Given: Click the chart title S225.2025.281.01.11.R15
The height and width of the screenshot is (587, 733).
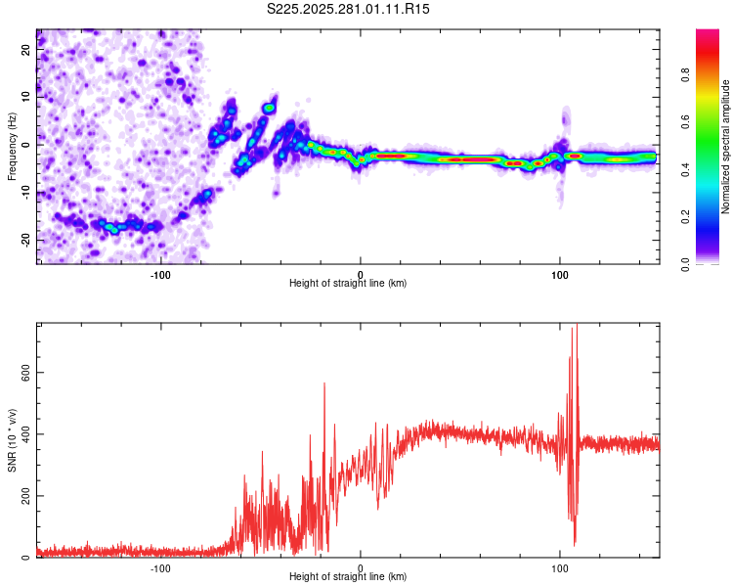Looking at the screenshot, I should [349, 9].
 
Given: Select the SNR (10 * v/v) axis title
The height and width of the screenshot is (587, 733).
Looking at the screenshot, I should [12, 440].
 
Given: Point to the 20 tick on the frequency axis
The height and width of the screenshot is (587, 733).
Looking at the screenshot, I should [25, 51].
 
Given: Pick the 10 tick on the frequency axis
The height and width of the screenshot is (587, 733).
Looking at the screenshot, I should [25, 98].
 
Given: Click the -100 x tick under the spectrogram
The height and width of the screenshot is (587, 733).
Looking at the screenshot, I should [160, 273].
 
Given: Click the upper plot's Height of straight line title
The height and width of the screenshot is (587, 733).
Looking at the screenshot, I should [348, 283].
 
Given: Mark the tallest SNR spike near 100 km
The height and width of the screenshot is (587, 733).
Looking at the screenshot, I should [576, 326].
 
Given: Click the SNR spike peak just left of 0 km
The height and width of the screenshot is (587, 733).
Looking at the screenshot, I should [324, 384].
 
